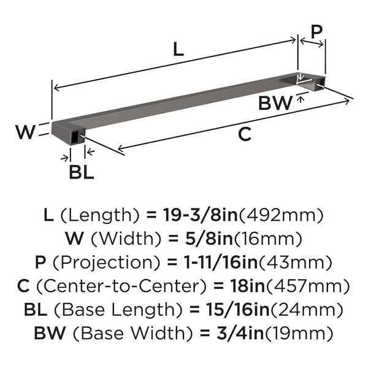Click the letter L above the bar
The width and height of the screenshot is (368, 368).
(178, 50)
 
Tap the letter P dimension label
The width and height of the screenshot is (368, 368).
(316, 31)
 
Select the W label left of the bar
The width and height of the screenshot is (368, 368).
(25, 132)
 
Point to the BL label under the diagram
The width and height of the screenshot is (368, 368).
(82, 172)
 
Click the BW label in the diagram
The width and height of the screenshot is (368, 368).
(275, 103)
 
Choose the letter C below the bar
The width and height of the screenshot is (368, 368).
(245, 134)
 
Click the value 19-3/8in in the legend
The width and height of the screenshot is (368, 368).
(200, 215)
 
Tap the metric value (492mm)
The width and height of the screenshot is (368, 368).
(281, 215)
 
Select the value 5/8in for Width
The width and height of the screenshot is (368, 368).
(209, 239)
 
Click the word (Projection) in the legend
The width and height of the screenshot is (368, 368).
(106, 263)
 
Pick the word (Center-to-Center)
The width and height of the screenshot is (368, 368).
(121, 286)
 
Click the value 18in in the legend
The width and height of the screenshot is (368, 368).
(247, 286)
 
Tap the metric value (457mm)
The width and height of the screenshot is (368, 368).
(307, 286)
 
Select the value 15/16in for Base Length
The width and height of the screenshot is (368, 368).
(238, 310)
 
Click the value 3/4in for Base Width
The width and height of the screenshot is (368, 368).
(240, 333)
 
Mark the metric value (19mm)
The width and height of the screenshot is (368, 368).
(299, 334)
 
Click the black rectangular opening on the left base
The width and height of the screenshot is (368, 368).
(74, 137)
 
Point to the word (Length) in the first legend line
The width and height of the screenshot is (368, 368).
(100, 216)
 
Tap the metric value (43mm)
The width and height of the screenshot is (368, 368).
(295, 263)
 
